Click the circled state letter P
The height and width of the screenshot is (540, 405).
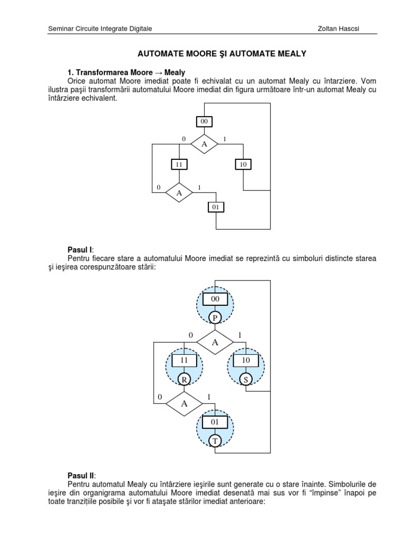(215, 317)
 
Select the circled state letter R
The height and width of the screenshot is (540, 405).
(184, 379)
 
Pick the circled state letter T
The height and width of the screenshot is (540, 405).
(215, 440)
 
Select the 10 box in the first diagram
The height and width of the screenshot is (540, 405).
(243, 165)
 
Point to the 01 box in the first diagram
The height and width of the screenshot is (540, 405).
(215, 207)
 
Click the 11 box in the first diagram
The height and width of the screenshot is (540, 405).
(179, 165)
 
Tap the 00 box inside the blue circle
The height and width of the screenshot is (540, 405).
(215, 300)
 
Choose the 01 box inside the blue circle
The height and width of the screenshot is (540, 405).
(215, 422)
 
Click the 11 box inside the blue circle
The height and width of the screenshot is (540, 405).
(184, 361)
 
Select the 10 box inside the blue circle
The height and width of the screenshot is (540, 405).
(245, 361)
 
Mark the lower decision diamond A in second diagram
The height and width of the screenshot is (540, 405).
(184, 404)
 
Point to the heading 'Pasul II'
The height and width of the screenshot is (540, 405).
(81, 475)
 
